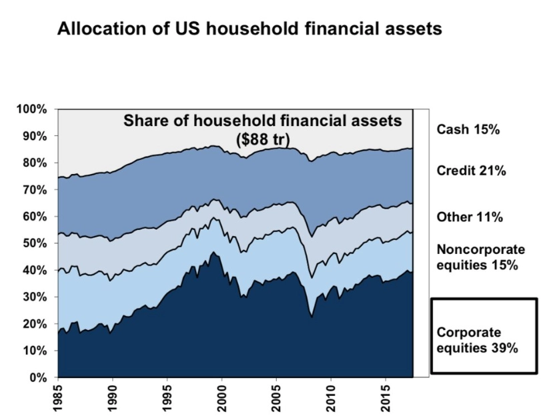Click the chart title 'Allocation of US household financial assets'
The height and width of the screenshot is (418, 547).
249,29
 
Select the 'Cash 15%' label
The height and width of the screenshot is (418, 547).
468,129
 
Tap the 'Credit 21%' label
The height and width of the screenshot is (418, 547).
471,171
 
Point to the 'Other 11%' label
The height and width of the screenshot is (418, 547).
470,217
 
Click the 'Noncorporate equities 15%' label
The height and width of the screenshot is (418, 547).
481,257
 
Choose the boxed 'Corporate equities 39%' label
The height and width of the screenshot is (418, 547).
484,335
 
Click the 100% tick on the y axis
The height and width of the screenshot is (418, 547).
31,109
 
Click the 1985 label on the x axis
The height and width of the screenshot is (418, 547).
58,399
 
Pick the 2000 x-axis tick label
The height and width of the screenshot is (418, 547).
222,399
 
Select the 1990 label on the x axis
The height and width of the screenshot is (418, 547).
113,399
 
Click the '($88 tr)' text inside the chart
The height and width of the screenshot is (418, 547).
263,140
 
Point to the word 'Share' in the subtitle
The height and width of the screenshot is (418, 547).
144,121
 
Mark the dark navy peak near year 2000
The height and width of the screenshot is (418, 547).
213,252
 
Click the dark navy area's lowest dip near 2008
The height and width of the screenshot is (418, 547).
312,317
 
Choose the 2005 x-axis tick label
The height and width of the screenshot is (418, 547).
276,399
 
